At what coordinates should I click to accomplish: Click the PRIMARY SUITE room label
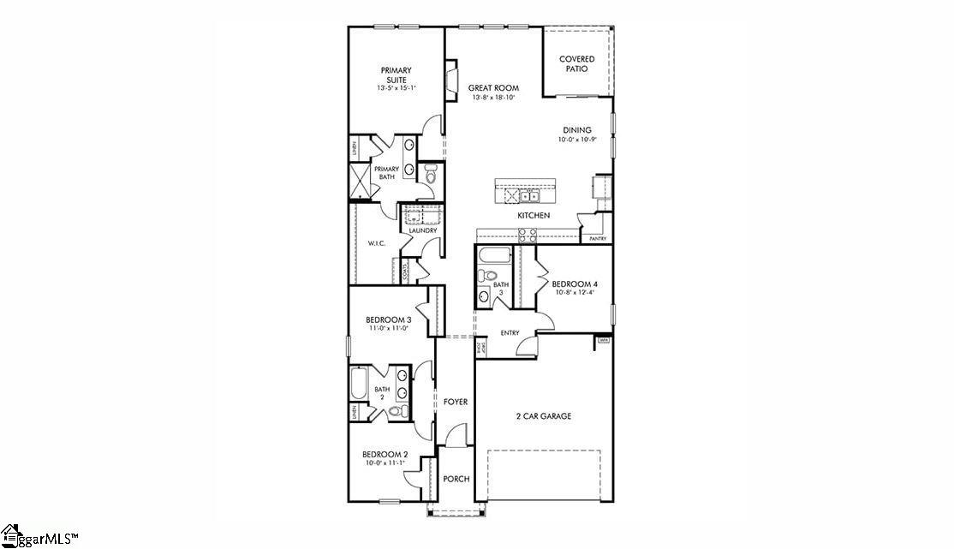(396, 75)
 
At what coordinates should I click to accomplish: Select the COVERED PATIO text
(577, 63)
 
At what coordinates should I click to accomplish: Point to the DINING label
(577, 130)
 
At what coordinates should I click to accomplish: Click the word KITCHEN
(533, 215)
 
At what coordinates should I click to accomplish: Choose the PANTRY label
(597, 239)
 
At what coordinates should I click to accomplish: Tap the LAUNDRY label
(423, 230)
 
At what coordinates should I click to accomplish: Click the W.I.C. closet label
(377, 244)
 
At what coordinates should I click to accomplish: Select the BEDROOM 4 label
(574, 283)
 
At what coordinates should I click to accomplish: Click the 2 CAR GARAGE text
(543, 416)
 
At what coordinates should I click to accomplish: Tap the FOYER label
(456, 402)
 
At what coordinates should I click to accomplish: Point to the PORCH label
(456, 479)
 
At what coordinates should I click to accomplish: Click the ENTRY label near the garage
(510, 333)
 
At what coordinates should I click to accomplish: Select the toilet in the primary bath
(431, 176)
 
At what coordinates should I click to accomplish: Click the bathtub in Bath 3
(495, 254)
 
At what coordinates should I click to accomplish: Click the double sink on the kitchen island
(529, 196)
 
